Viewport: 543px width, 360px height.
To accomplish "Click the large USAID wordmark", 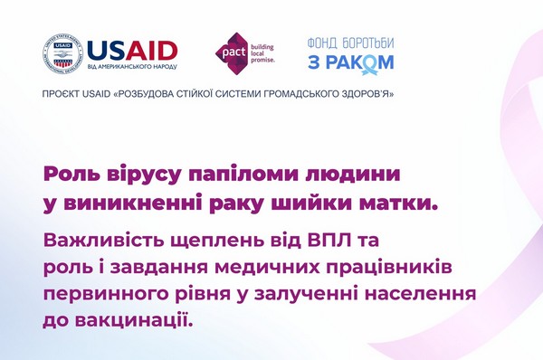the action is click(x=132, y=51).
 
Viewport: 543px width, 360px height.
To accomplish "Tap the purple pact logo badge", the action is click(x=232, y=52).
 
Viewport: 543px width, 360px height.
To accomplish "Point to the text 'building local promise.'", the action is click(x=262, y=53).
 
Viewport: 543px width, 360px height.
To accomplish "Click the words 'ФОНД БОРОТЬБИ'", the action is click(x=351, y=43).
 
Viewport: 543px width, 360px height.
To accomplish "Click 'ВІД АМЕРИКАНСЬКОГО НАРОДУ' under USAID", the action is click(x=132, y=67).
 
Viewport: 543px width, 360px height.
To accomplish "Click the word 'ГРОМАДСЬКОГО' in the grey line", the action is click(x=302, y=94).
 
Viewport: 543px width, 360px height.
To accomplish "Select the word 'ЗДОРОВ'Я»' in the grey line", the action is click(x=367, y=94).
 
